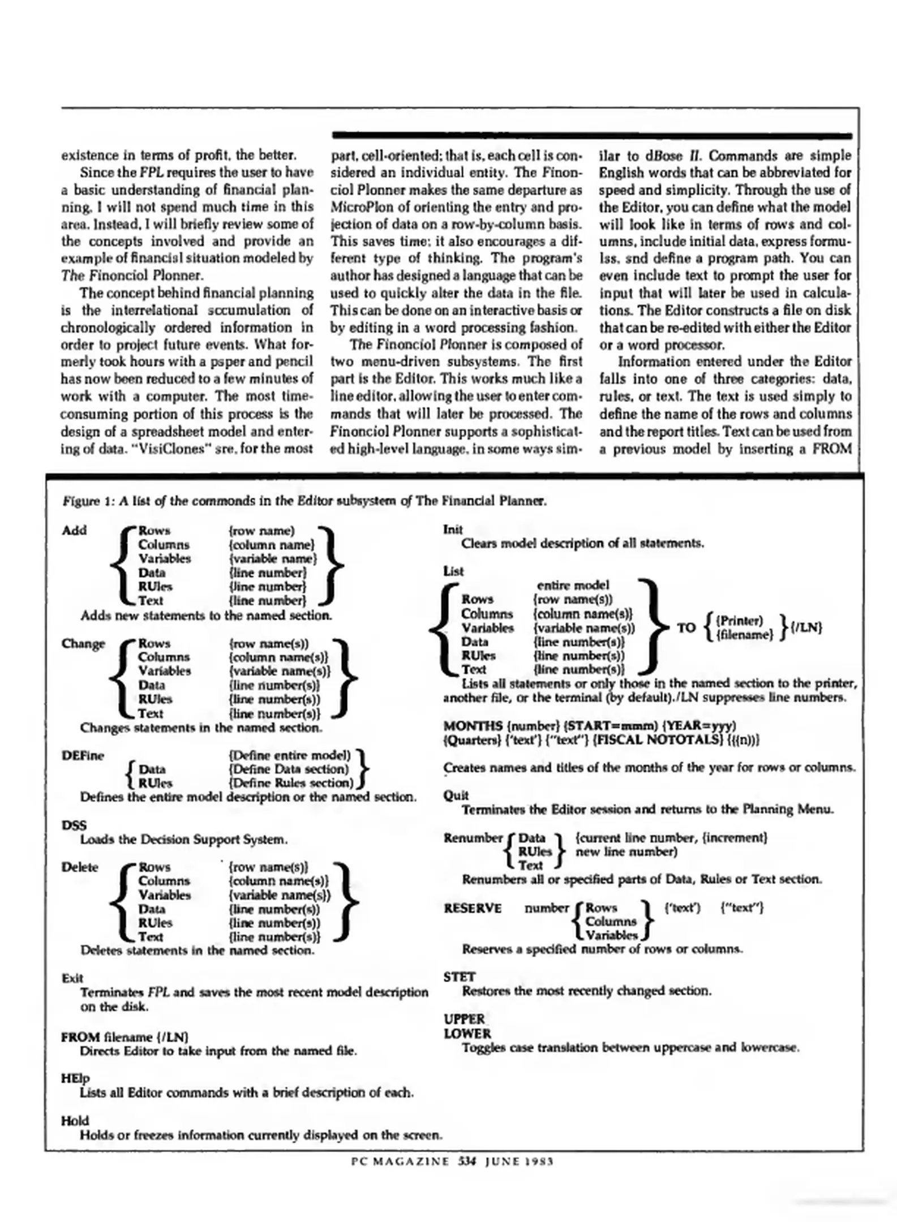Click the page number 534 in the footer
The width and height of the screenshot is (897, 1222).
click(467, 1161)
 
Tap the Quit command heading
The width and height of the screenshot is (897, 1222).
click(456, 795)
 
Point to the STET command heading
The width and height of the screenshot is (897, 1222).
click(460, 977)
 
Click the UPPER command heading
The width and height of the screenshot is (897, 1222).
click(464, 1019)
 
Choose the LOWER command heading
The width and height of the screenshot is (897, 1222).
click(467, 1033)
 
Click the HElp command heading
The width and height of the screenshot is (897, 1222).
click(75, 1078)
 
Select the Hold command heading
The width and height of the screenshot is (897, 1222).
click(75, 1121)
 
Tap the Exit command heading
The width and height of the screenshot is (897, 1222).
click(72, 978)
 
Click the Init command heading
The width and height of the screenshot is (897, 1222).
click(453, 530)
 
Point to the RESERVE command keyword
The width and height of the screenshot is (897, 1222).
click(473, 908)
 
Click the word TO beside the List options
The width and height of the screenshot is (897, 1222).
click(686, 627)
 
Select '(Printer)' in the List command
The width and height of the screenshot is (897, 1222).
click(740, 621)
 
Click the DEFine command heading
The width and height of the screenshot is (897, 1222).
click(83, 756)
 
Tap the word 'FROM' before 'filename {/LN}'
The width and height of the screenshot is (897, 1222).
click(80, 1037)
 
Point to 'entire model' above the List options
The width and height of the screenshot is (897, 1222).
click(573, 585)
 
